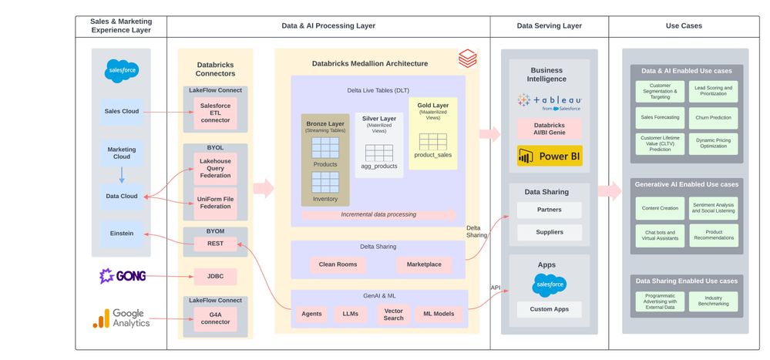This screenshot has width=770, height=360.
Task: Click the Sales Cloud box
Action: [x=122, y=111]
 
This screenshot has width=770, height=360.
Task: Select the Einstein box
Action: [x=122, y=234]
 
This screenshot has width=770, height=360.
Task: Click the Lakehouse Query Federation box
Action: [x=215, y=167]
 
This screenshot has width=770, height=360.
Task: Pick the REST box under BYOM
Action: [x=215, y=244]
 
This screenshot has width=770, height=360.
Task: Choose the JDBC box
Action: [x=215, y=276]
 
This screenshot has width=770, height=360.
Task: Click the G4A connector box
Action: [x=215, y=317]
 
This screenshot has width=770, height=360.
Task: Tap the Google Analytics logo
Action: [x=122, y=318]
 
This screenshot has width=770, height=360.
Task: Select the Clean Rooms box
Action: [x=338, y=264]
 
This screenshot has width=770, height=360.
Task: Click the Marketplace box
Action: [x=424, y=264]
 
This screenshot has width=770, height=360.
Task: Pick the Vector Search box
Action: [x=394, y=314]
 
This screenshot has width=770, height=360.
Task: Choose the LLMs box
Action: [x=351, y=314]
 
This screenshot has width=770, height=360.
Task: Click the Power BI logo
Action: [x=550, y=156]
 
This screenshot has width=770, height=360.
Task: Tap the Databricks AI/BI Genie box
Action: [x=550, y=129]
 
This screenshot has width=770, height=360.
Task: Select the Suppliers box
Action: [x=550, y=231]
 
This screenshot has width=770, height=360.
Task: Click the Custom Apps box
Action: [x=550, y=309]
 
